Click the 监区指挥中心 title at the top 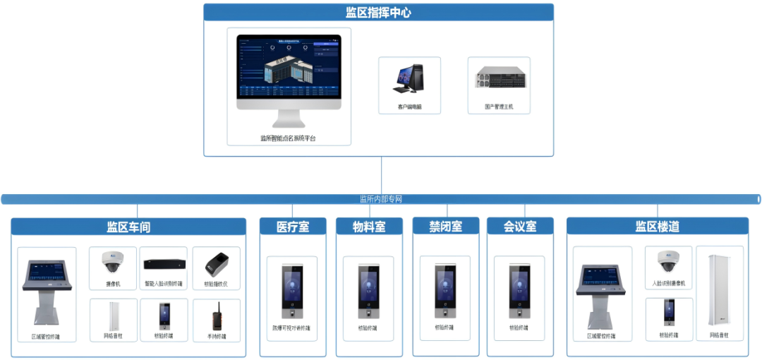tap(378, 13)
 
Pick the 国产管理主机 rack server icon tap(499, 78)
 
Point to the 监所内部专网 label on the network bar tap(381, 199)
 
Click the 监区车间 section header tap(128, 227)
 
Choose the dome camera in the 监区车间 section tap(113, 263)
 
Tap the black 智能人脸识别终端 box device tap(164, 264)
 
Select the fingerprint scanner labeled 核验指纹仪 tap(216, 264)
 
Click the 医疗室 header tap(293, 227)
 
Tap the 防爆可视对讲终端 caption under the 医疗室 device tap(291, 328)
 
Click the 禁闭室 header tap(445, 227)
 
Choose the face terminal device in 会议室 tap(519, 290)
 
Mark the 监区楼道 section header tap(657, 227)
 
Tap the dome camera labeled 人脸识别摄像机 tap(667, 262)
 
